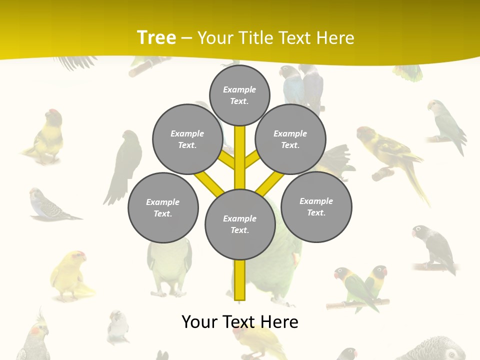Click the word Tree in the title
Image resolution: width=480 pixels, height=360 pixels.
click(156, 37)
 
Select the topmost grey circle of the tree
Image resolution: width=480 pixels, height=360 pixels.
click(239, 95)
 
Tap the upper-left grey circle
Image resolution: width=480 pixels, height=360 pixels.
click(187, 139)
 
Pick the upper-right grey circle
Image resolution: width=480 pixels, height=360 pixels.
click(290, 139)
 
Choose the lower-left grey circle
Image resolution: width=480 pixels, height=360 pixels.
click(163, 207)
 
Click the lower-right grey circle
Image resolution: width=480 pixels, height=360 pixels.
click(316, 206)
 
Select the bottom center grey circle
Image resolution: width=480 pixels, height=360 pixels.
click(240, 224)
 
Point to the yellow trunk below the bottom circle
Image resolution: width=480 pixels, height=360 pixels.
click(240, 280)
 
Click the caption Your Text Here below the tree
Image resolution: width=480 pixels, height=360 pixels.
click(240, 321)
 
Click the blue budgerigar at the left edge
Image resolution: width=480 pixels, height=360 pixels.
click(47, 205)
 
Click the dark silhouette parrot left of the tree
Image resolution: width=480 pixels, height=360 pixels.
click(124, 165)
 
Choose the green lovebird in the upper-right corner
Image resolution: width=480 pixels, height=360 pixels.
click(445, 125)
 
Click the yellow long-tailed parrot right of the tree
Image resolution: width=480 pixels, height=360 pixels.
click(392, 155)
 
